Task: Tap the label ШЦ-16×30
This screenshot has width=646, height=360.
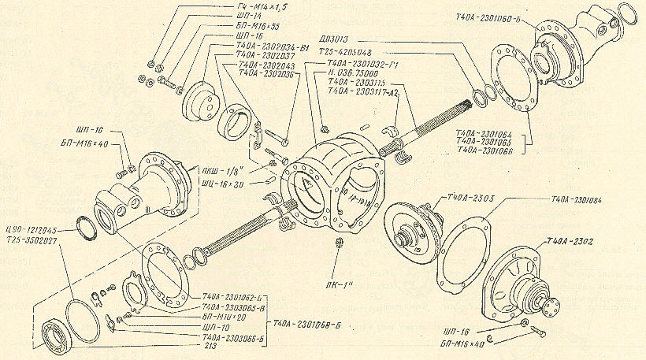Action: [x=221, y=184]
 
